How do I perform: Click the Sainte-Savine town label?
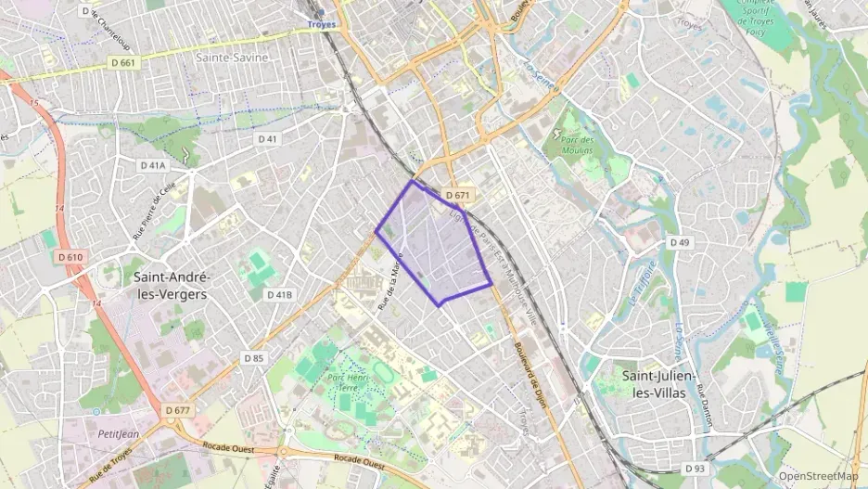(x=232, y=58)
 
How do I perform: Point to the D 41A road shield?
(x=153, y=165)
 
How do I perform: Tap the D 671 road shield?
(x=458, y=196)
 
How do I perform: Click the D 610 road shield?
(x=70, y=257)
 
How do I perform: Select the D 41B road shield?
(x=279, y=294)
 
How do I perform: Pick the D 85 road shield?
(x=254, y=357)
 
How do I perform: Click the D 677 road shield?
(x=177, y=409)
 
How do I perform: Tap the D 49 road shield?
(x=681, y=242)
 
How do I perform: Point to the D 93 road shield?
(x=696, y=469)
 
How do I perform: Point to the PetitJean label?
(x=118, y=433)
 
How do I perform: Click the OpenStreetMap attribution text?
(x=819, y=476)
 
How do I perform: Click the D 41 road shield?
(x=267, y=138)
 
